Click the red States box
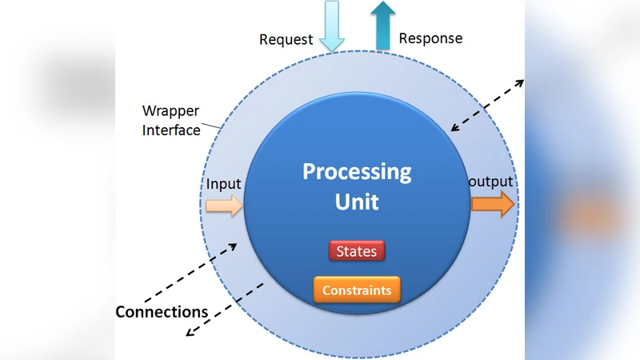357,251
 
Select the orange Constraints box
357,290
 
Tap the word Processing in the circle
357,171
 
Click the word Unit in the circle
357,201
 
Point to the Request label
285,39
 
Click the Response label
430,38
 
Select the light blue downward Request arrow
331,24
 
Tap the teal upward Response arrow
384,24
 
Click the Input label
223,184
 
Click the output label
490,182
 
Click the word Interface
171,130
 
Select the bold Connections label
162,312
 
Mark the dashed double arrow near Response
488,105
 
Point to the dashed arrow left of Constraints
226,309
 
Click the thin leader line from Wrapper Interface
211,124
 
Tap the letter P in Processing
309,172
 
